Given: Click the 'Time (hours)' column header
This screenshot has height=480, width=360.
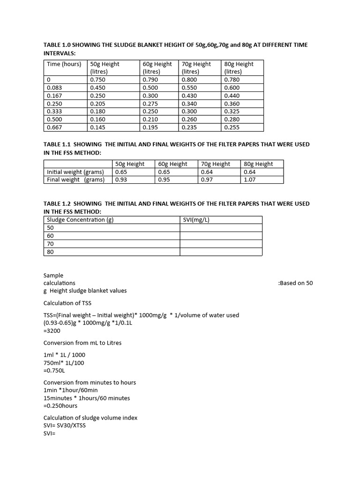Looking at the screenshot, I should tap(64, 64).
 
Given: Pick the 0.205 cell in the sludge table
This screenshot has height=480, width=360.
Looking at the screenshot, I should tap(97, 104).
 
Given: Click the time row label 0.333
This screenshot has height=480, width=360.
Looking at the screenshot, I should tap(54, 112).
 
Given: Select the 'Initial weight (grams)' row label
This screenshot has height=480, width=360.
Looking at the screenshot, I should tap(75, 172).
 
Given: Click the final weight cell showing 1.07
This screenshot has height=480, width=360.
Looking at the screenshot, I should tap(250, 180).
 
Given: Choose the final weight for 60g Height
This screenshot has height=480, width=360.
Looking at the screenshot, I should tap(164, 180).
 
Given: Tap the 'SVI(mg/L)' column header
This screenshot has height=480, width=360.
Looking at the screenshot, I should tap(197, 220).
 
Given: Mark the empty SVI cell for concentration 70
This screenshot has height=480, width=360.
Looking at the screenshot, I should tap(221, 244).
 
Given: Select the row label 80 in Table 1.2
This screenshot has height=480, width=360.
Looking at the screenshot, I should tap(51, 252).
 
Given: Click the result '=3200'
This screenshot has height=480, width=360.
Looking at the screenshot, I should tap(52, 331).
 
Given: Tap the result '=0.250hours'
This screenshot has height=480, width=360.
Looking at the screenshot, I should tap(60, 406).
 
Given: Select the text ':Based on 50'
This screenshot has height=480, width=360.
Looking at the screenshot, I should tap(295, 283).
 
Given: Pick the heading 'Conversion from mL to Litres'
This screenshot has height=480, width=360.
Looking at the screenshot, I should tap(82, 343).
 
